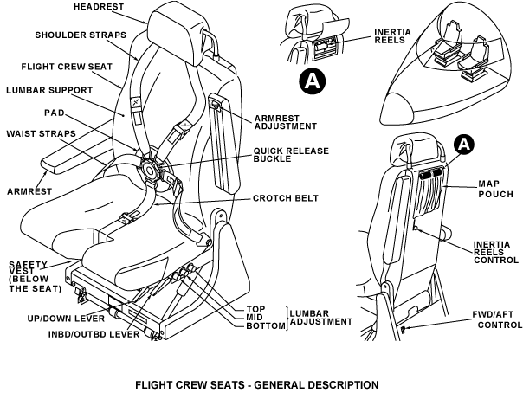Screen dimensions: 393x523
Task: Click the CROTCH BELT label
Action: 285,198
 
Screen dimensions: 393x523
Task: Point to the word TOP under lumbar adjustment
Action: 255,309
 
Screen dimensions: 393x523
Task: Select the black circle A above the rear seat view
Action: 464,144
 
